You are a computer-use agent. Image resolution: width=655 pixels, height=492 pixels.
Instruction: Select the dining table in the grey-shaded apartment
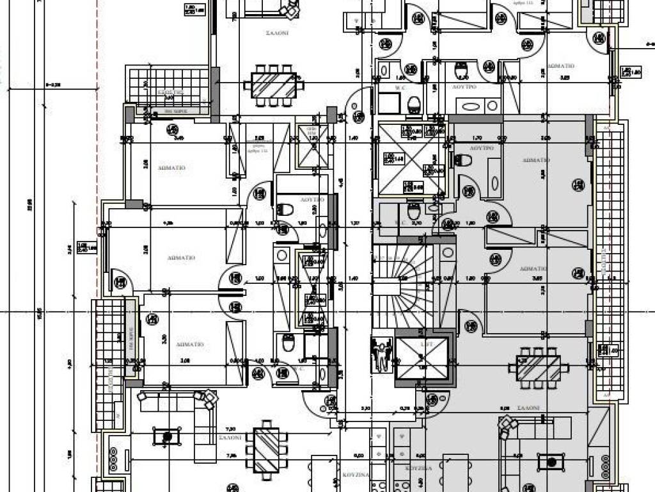click(539, 368)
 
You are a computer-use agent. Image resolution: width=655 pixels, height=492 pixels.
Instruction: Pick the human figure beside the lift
click(382, 354)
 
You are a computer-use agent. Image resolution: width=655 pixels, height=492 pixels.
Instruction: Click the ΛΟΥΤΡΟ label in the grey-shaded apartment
click(482, 147)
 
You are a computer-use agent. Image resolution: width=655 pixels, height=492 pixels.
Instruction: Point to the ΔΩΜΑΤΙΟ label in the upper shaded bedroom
click(535, 160)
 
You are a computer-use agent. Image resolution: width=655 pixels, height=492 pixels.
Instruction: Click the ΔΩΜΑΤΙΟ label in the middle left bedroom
click(181, 258)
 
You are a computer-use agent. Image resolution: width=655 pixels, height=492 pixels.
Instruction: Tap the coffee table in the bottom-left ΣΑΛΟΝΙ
click(168, 437)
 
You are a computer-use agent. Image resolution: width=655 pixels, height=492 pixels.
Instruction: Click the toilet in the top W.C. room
click(414, 104)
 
